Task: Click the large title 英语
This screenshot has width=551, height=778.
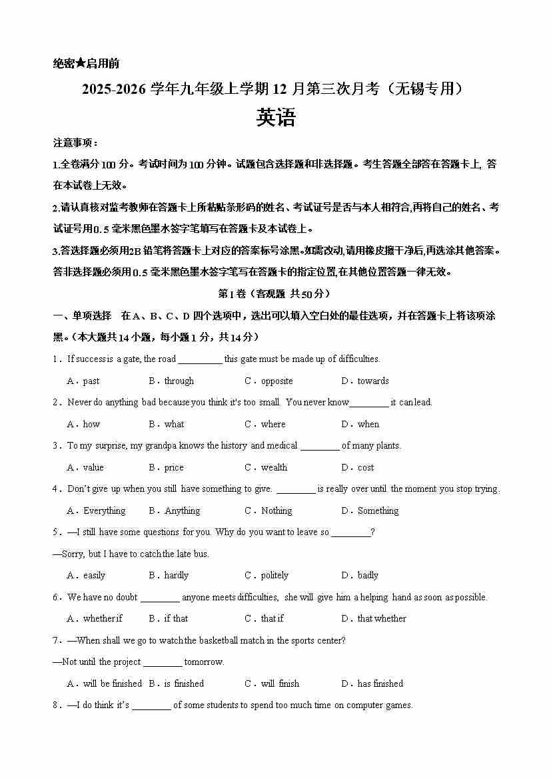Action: point(275,118)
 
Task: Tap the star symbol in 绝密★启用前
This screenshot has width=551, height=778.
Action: point(80,64)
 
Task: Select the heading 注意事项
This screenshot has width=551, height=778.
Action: point(75,143)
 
